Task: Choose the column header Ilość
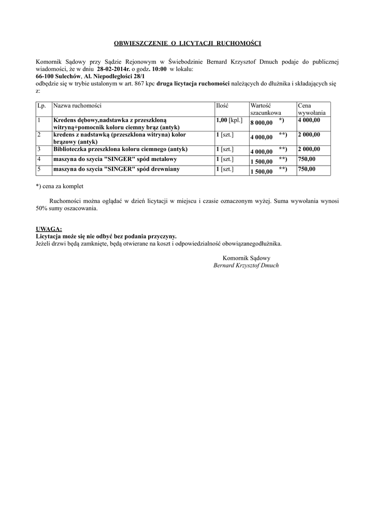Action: (x=222, y=106)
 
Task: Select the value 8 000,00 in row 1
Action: (x=262, y=123)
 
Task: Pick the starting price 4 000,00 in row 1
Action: (x=309, y=120)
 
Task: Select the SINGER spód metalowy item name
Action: (x=116, y=159)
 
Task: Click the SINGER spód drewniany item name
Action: (x=118, y=169)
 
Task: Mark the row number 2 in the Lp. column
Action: (x=39, y=135)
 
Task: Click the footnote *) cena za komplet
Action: (x=60, y=186)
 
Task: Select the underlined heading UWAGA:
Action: (x=49, y=229)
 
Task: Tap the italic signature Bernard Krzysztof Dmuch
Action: (x=246, y=265)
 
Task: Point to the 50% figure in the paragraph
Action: (x=41, y=209)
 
